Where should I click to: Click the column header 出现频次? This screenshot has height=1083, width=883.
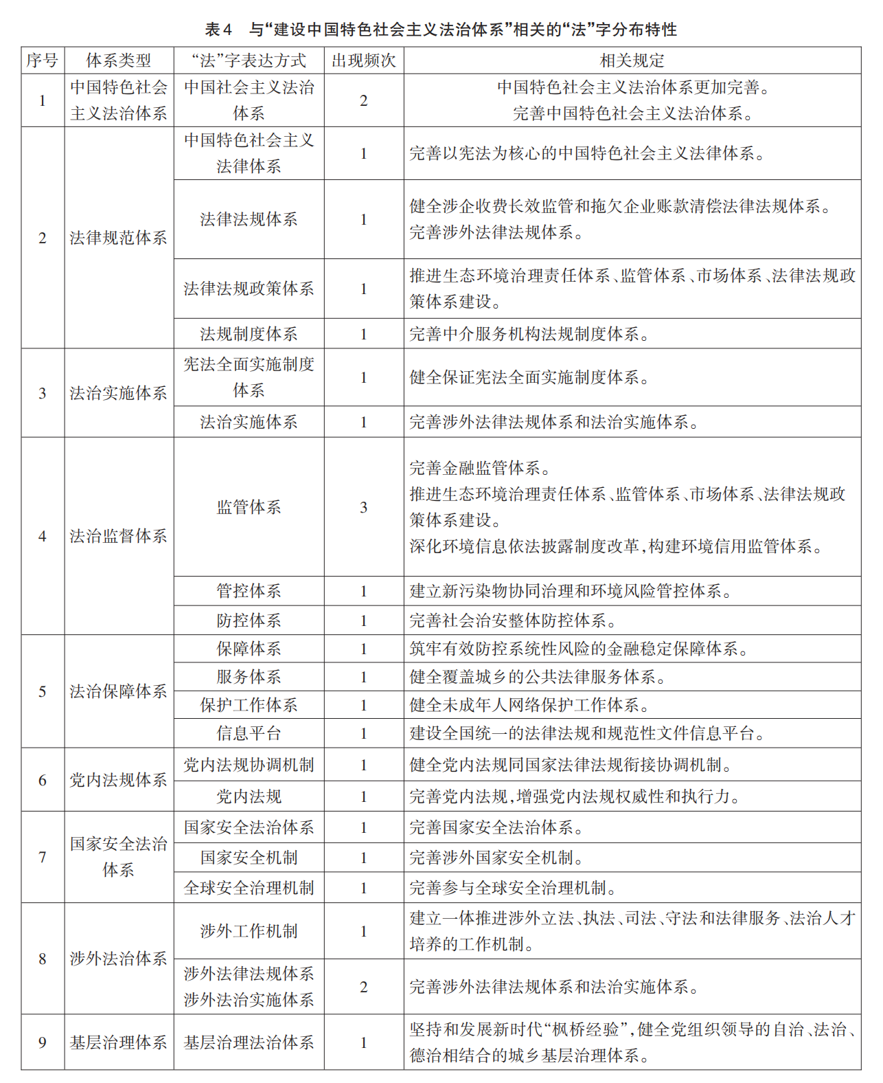[363, 60]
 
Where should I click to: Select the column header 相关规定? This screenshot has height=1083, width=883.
[632, 60]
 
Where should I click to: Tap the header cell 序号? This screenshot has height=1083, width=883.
[43, 60]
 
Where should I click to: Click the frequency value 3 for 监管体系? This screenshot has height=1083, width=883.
[363, 507]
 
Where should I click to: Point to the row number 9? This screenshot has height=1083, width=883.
[43, 1042]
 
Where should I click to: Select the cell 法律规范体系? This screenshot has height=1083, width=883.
[118, 238]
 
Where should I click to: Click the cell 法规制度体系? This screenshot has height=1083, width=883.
[249, 334]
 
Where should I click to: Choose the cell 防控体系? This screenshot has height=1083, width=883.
[249, 621]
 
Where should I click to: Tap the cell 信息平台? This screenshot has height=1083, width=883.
[249, 733]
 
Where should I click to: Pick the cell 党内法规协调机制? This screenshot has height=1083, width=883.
[249, 765]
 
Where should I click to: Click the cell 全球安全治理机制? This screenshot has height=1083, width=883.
[249, 888]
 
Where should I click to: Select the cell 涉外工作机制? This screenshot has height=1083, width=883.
[249, 931]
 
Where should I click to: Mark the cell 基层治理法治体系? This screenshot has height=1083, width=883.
[249, 1042]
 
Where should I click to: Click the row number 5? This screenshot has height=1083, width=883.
[43, 691]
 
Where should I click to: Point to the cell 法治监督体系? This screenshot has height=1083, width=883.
[118, 536]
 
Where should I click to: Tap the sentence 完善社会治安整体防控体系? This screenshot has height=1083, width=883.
[512, 621]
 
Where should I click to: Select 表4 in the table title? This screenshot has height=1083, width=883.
[218, 30]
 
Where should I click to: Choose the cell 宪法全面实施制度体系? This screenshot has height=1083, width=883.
[249, 377]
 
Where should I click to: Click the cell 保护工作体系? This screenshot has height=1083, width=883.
[249, 705]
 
